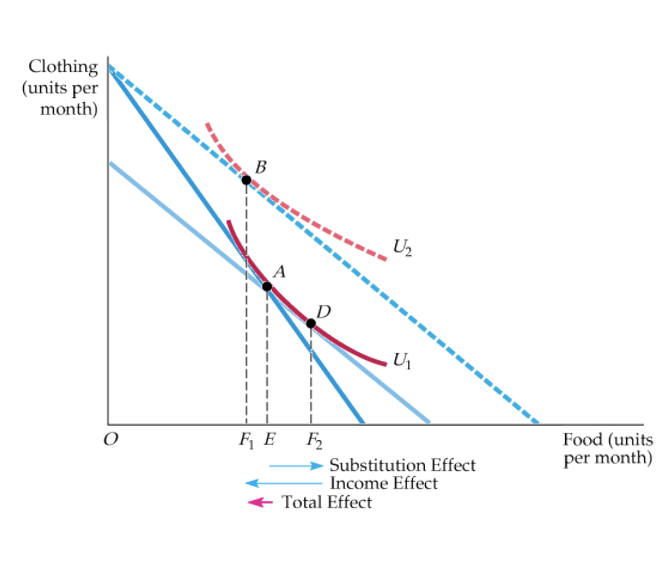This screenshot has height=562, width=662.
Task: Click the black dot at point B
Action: click(246, 180)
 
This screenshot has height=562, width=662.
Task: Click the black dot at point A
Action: click(267, 287)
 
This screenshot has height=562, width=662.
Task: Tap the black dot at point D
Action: click(311, 323)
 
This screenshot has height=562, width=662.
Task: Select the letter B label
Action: click(261, 167)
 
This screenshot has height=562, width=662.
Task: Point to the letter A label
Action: click(279, 272)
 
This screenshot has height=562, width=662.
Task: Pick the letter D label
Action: click(323, 310)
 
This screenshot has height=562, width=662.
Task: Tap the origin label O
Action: click(111, 441)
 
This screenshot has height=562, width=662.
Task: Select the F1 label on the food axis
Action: click(246, 441)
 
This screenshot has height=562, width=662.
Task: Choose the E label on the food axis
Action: click(269, 441)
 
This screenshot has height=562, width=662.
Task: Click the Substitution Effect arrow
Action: click(296, 466)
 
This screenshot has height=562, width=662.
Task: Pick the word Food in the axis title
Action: click(584, 440)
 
